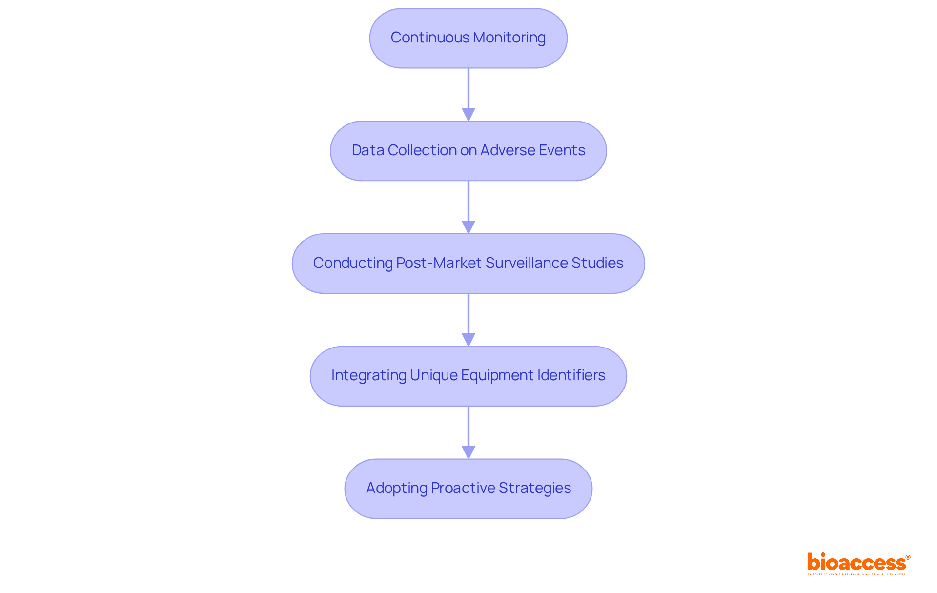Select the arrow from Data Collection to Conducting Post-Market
pyautogui.click(x=468, y=207)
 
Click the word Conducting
pyautogui.click(x=353, y=263)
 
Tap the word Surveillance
pyautogui.click(x=527, y=263)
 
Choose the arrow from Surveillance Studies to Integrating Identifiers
pyautogui.click(x=468, y=320)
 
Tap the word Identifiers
pyautogui.click(x=571, y=375)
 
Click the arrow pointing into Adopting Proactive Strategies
pyautogui.click(x=468, y=432)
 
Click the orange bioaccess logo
pyautogui.click(x=858, y=563)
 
